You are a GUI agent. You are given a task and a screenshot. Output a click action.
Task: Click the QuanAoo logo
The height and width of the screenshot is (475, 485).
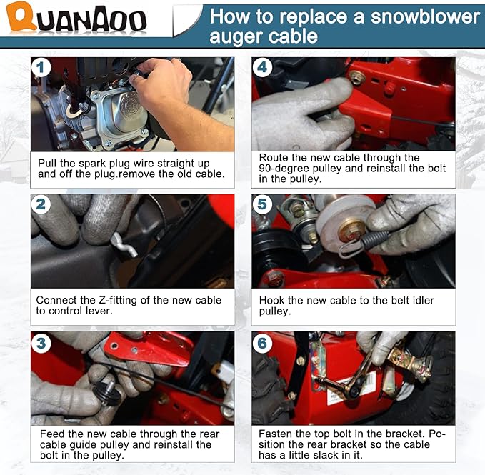pos(76,16)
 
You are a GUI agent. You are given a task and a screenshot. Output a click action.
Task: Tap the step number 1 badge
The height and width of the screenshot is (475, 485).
pos(41,67)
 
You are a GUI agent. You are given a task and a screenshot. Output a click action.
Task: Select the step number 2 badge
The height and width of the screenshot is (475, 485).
pos(41,204)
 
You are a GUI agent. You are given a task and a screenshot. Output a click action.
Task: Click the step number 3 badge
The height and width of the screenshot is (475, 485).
pos(41,343)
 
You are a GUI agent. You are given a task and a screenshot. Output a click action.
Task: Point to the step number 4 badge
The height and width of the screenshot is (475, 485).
pos(262,67)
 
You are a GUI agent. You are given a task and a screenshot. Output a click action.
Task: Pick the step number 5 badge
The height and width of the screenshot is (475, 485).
pos(262,204)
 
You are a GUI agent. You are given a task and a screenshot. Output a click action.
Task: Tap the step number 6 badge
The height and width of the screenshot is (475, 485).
pos(262,343)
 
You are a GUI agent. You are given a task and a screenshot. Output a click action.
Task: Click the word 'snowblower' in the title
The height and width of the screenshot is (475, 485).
pos(425,16)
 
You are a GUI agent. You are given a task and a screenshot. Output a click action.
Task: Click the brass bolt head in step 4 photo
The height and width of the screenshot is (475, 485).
pos(356,78)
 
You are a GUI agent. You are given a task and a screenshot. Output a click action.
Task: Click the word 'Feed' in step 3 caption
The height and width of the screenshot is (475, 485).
pos(51,434)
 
